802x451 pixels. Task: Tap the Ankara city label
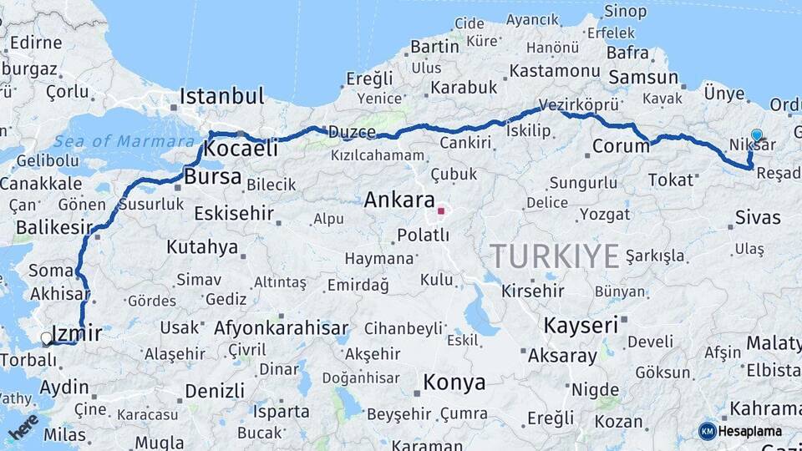click(x=399, y=200)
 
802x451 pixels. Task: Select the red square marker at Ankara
click(x=441, y=210)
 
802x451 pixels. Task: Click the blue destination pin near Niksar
click(x=756, y=135)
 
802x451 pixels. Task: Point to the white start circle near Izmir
click(x=46, y=338)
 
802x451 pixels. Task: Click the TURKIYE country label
click(x=555, y=255)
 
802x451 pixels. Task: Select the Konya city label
click(x=454, y=383)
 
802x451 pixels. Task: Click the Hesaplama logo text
click(x=750, y=431)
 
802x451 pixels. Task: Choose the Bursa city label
click(x=212, y=177)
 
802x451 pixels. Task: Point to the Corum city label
click(x=621, y=146)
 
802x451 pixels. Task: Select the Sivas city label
click(x=758, y=218)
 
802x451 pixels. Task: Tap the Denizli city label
click(x=215, y=391)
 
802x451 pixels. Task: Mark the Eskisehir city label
click(x=234, y=213)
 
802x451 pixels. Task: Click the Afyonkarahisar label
click(x=282, y=328)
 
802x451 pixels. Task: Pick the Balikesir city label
click(x=53, y=227)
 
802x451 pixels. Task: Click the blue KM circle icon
click(x=707, y=431)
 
